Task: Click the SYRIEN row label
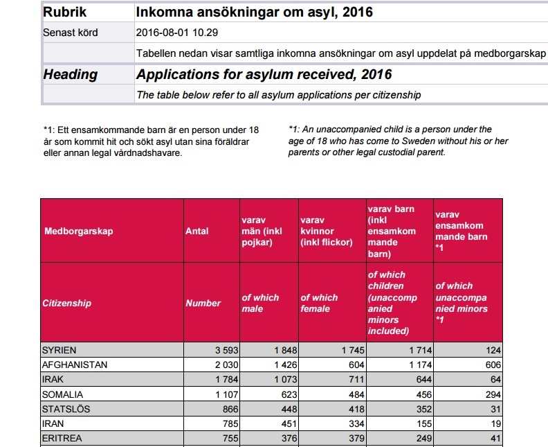(60, 351)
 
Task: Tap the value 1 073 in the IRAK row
(283, 380)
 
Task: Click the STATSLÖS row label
(64, 409)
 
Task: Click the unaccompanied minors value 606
(492, 365)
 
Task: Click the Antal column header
(197, 231)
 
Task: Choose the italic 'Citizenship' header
(66, 303)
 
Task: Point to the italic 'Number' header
(203, 303)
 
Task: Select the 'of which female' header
(320, 303)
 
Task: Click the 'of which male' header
(260, 303)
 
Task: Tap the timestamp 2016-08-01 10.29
(177, 33)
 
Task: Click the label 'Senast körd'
(70, 33)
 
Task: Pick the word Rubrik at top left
(65, 12)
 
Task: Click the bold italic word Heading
(71, 75)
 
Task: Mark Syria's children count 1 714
(418, 351)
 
